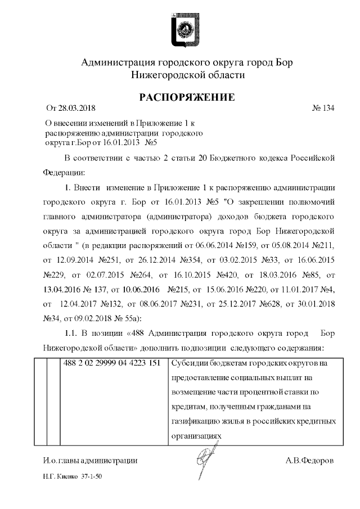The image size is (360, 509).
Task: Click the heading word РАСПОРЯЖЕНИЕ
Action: coord(187,97)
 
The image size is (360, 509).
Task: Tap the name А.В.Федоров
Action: coord(309,461)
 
